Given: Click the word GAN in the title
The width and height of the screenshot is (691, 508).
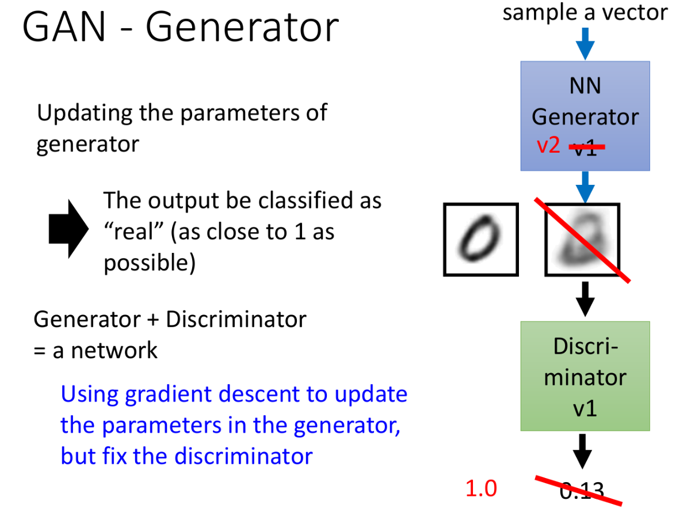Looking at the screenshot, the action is pyautogui.click(x=64, y=27).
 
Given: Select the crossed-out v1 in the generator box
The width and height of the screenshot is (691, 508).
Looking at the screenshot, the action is pyautogui.click(x=586, y=147).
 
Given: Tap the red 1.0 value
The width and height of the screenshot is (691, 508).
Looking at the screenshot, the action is pyautogui.click(x=481, y=488).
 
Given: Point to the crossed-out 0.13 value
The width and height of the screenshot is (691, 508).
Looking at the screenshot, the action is pyautogui.click(x=582, y=490).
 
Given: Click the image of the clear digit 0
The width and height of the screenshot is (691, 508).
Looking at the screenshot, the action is pyautogui.click(x=480, y=240).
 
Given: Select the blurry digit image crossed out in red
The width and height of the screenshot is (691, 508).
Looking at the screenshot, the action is pyautogui.click(x=582, y=240).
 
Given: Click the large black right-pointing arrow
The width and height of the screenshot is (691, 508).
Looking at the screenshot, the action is pyautogui.click(x=68, y=229).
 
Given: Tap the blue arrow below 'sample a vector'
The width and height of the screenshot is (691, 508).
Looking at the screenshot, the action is pyautogui.click(x=585, y=44).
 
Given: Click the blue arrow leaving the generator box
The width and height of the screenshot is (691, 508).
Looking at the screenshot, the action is pyautogui.click(x=585, y=187).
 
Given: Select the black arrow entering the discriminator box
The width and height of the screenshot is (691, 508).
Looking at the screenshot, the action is pyautogui.click(x=585, y=298).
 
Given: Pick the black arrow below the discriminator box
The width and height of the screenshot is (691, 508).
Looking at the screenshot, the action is pyautogui.click(x=582, y=451).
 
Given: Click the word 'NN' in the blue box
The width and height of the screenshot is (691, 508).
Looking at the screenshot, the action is pyautogui.click(x=585, y=86).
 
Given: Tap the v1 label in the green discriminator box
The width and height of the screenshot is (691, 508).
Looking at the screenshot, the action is pyautogui.click(x=585, y=408).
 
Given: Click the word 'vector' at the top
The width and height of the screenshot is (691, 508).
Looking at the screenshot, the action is pyautogui.click(x=635, y=13).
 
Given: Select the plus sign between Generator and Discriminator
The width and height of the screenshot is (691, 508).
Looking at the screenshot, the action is pyautogui.click(x=153, y=319).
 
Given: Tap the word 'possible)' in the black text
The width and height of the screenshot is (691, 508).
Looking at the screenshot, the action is pyautogui.click(x=150, y=263).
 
